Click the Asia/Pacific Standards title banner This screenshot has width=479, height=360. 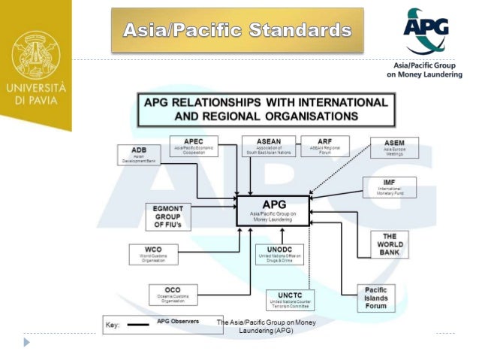click(237, 30)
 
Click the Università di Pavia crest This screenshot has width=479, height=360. click(35, 54)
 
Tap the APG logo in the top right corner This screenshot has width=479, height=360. click(425, 32)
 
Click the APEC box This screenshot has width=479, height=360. click(194, 145)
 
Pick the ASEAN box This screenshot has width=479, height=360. click(267, 145)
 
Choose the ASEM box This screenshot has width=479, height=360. click(393, 147)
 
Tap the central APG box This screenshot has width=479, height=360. click(273, 210)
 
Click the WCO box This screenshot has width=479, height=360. click(153, 253)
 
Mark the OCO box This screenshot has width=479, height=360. click(172, 294)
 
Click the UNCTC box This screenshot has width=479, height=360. click(289, 300)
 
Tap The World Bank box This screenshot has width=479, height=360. click(389, 244)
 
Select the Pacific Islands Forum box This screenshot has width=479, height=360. click(376, 298)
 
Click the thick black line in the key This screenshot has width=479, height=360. click(137, 324)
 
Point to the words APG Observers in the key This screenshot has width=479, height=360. click(177, 322)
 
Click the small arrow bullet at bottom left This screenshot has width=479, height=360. click(27, 342)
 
